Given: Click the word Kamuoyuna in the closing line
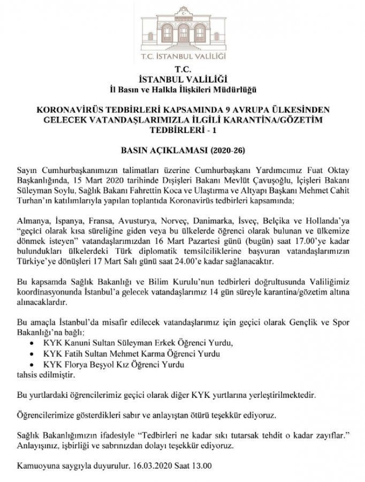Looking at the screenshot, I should pyautogui.click(x=37, y=465).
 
